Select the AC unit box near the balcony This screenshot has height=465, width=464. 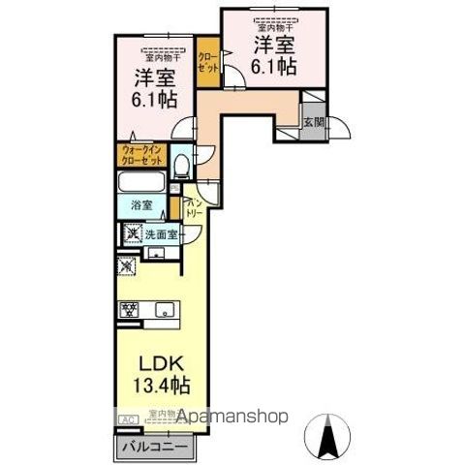click(x=127, y=419)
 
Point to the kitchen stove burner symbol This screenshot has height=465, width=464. click(x=127, y=311)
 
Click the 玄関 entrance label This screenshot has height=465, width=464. click(x=312, y=123)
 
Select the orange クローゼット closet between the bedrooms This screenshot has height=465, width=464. click(x=208, y=62)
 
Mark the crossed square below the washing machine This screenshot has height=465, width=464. click(x=128, y=266)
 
